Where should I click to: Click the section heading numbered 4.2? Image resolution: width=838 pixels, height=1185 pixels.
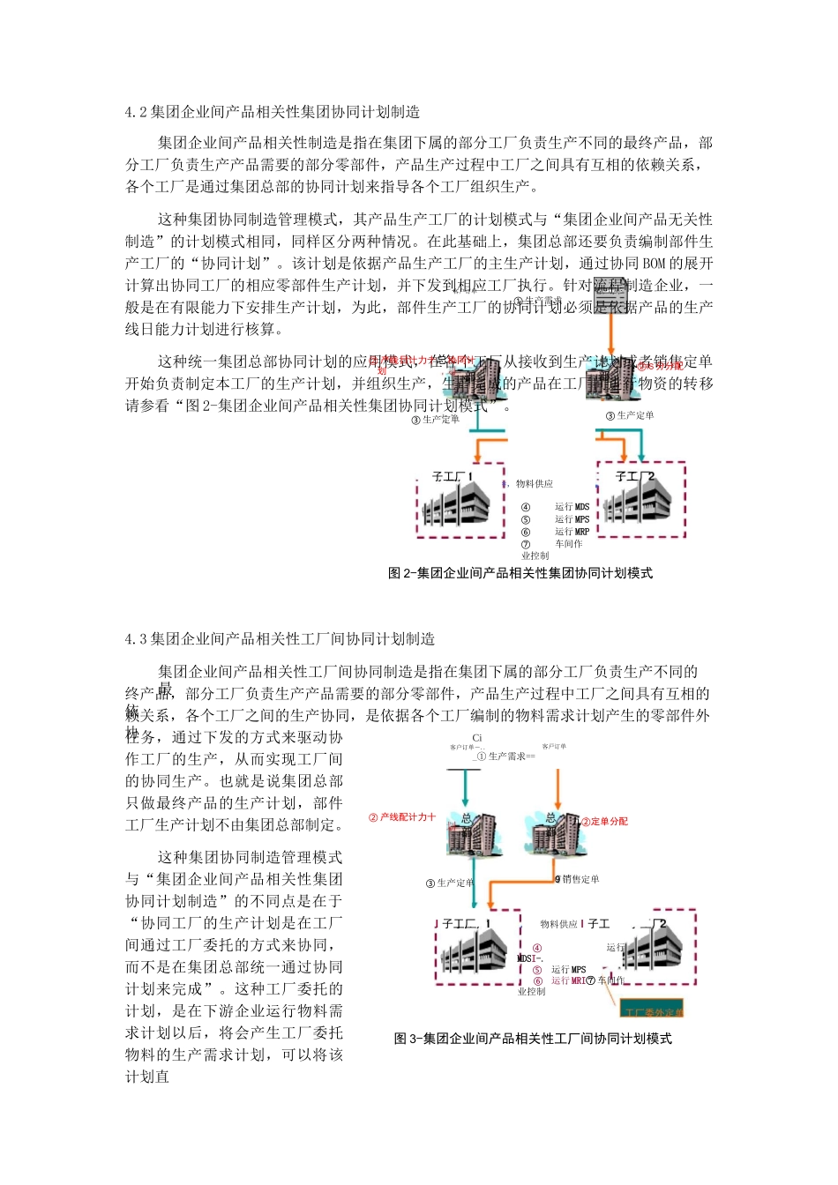273,112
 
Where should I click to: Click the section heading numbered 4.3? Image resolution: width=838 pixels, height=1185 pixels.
280,638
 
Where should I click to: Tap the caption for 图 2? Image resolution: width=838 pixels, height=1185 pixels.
520,573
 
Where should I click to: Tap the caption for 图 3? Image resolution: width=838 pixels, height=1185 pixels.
533,1039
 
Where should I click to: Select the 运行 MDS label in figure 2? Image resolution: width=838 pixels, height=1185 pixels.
572,507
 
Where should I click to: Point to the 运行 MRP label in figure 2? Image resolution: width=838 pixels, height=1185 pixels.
572,532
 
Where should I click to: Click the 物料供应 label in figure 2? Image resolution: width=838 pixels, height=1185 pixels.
535,484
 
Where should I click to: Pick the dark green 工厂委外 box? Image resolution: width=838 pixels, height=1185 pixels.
653,1010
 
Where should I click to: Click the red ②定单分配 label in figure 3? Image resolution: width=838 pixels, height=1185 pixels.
605,822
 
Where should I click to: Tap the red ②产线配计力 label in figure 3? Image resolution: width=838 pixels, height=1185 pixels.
402,817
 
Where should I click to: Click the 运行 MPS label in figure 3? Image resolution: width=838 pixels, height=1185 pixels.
568,969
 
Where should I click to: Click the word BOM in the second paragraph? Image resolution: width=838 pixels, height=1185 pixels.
654,264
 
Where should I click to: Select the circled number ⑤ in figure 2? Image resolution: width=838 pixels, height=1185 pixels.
526,519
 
